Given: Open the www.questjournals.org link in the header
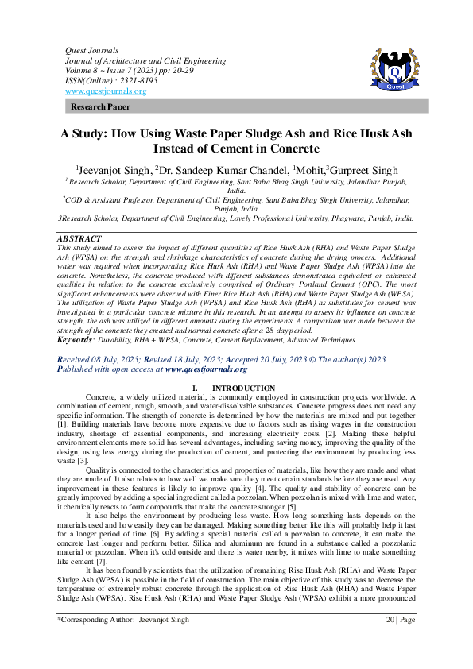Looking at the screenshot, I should (105, 91).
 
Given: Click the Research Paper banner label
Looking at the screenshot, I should (101, 106).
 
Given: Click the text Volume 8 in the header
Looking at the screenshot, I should (82, 71).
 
